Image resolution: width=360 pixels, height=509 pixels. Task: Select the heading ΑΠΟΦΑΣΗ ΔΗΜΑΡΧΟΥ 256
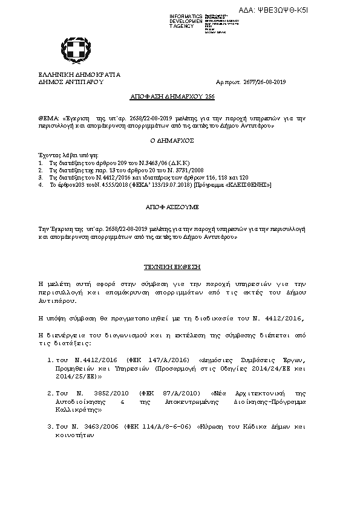pyautogui.click(x=172, y=96)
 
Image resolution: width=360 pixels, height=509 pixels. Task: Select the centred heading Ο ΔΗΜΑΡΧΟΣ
pyautogui.click(x=172, y=140)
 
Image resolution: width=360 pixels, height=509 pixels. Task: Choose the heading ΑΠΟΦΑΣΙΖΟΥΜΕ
pyautogui.click(x=172, y=207)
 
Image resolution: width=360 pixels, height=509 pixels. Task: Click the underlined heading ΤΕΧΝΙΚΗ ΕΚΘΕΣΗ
pyautogui.click(x=172, y=267)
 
